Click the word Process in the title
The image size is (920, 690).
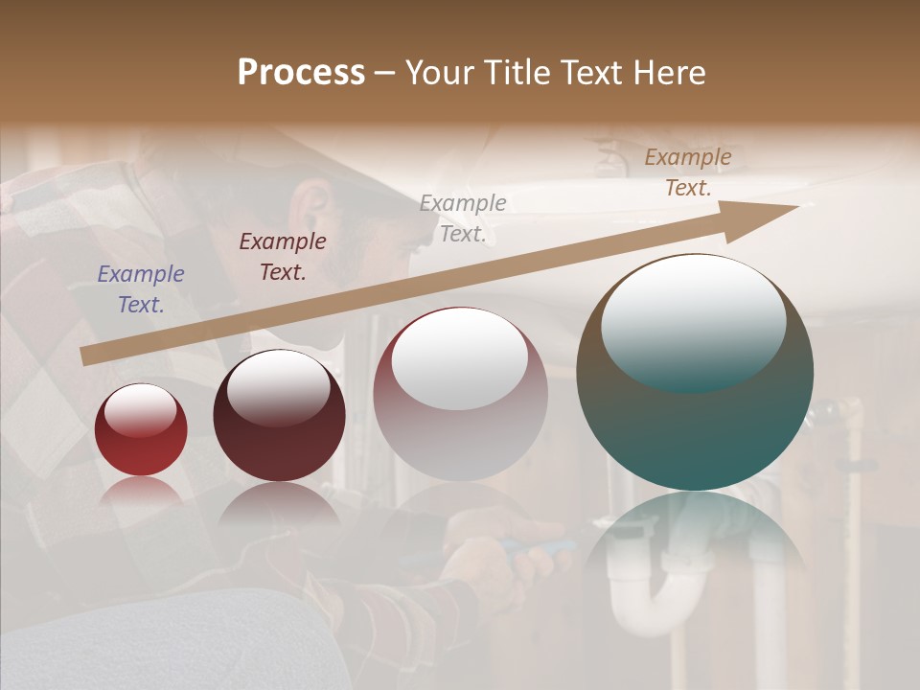pos(301,73)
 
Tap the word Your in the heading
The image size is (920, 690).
pos(441,73)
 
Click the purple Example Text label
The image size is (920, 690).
pos(141,288)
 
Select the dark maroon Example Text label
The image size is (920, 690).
pos(283,256)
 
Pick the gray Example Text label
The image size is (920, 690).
pos(463,218)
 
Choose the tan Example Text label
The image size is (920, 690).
pos(687,172)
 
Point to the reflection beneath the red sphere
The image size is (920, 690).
pos(141,491)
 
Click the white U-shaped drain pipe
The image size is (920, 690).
pos(671,604)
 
